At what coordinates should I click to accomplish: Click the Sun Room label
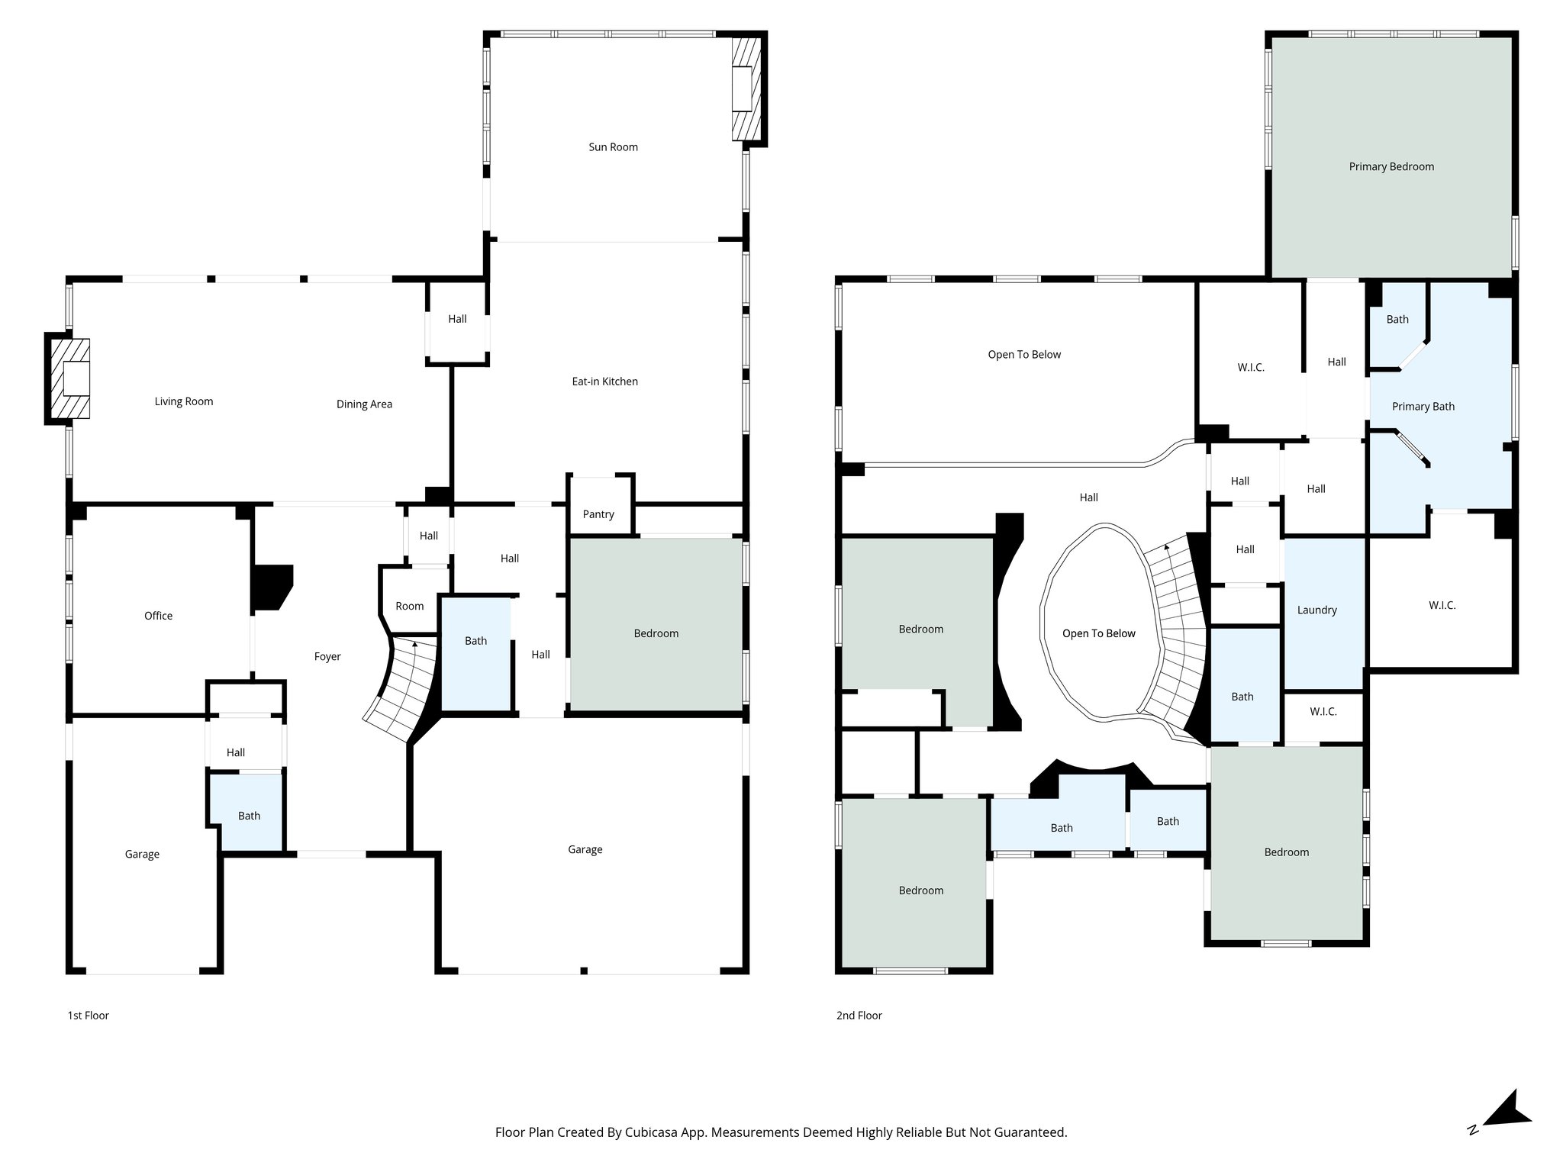click(613, 147)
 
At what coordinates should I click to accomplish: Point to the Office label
click(158, 616)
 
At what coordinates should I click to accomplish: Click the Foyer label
click(327, 656)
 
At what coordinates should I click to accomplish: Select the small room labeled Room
click(409, 606)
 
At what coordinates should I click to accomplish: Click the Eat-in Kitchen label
click(604, 382)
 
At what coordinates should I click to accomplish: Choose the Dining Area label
click(364, 404)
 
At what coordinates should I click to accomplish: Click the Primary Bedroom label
click(1391, 167)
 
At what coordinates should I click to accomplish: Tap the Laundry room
click(1317, 610)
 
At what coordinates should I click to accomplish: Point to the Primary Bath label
click(1423, 407)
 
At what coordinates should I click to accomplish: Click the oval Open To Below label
click(1098, 633)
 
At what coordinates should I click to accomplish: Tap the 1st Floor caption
click(89, 1016)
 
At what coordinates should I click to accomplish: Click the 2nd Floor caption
click(859, 1016)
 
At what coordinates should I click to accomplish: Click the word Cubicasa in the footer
click(654, 1132)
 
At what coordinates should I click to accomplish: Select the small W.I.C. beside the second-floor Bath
click(1323, 712)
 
